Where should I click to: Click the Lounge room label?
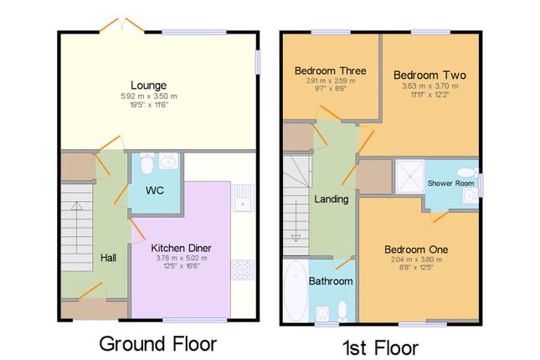(x=148, y=85)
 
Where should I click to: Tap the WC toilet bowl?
(x=147, y=163)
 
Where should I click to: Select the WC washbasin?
(x=169, y=161)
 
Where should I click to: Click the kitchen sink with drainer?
(x=243, y=198)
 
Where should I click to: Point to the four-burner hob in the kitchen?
(x=243, y=270)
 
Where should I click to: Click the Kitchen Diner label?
(x=181, y=248)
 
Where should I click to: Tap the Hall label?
(x=108, y=258)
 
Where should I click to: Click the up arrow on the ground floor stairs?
(x=76, y=228)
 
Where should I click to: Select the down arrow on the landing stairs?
(x=296, y=221)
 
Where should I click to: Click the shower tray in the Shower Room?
(x=410, y=177)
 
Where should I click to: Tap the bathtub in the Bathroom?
(x=296, y=291)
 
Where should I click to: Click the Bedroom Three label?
(x=330, y=70)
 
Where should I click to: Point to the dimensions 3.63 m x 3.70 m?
(x=429, y=86)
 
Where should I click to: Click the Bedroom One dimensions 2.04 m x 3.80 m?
(x=416, y=260)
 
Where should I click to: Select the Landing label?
(x=332, y=199)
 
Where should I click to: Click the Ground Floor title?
(x=158, y=344)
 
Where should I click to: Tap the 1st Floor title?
(x=381, y=347)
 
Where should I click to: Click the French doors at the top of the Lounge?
(x=121, y=25)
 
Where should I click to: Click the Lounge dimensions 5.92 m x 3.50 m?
(x=149, y=96)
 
